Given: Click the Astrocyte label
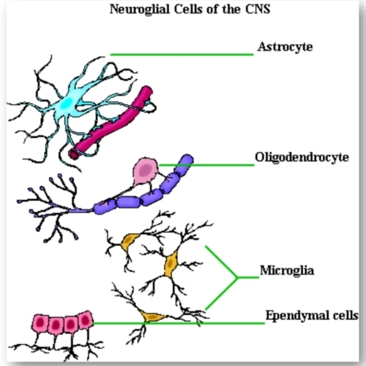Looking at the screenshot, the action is (285, 47).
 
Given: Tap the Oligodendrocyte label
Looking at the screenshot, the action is (302, 157).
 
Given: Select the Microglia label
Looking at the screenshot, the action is (287, 271).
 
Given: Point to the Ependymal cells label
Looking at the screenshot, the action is (311, 316).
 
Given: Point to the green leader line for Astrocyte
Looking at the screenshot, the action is (181, 55).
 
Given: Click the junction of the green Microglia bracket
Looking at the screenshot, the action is (237, 277).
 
